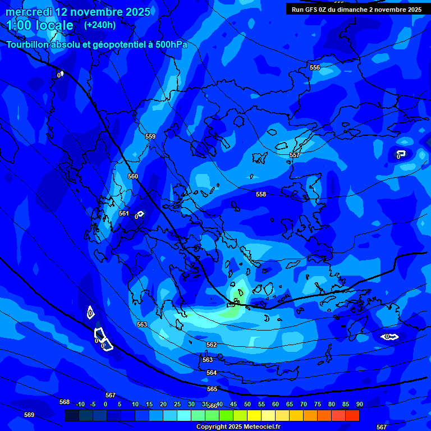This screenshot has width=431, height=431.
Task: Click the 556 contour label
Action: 315,67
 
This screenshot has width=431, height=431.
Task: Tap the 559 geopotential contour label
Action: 150,136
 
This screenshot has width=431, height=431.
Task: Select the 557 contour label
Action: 295,155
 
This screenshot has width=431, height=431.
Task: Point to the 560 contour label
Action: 133,176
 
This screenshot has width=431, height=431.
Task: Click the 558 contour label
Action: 261,194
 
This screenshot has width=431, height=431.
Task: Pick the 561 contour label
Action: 124,213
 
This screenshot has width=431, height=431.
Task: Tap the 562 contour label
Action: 212,345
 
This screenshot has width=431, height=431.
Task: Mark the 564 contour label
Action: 212,373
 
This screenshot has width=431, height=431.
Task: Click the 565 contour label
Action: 212,389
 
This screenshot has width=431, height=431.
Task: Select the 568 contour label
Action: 65,402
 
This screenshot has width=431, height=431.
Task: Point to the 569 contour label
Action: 29,415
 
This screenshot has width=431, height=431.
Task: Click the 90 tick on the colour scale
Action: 360,404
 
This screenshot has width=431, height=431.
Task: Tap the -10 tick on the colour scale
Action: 79,404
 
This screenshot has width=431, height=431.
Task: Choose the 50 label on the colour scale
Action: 247,404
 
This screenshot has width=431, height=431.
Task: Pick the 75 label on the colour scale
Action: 318,404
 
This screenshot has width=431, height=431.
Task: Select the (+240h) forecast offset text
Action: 100,25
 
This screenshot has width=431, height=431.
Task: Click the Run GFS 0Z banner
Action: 356,10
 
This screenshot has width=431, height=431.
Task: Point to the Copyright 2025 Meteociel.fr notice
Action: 238,427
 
